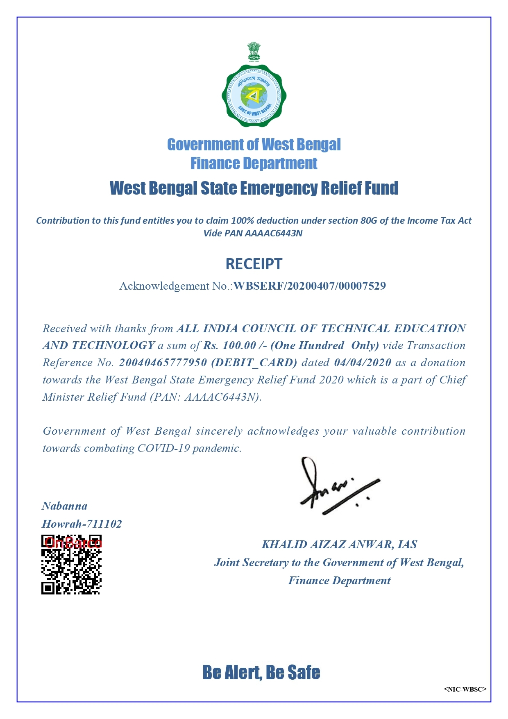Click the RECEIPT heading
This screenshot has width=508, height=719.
(x=254, y=264)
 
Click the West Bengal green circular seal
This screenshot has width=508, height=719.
(x=254, y=96)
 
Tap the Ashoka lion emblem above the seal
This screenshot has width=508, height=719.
(x=254, y=52)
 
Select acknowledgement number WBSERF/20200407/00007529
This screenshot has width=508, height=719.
(x=310, y=286)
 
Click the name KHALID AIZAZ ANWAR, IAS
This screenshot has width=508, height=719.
(x=339, y=544)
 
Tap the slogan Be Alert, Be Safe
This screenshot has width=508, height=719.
(x=261, y=672)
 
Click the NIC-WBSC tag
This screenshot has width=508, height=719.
(x=465, y=689)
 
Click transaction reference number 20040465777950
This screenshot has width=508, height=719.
(x=163, y=363)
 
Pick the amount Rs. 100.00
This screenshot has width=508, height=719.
(x=230, y=345)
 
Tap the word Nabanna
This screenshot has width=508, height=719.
(x=65, y=506)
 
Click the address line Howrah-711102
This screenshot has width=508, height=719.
(x=82, y=524)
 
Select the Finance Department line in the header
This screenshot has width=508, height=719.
(x=254, y=163)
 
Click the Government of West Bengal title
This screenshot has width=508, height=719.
(x=254, y=145)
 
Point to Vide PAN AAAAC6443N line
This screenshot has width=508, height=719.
(x=253, y=234)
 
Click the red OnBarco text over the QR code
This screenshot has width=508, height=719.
(x=73, y=543)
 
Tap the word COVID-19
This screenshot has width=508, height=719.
(x=163, y=448)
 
